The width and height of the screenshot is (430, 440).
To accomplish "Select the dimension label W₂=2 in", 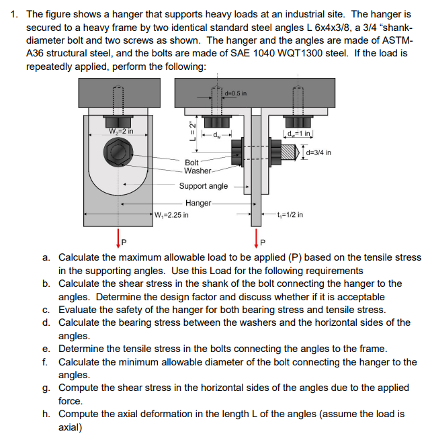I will pyautogui.click(x=123, y=131).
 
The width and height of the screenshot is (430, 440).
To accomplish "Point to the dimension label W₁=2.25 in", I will pyautogui.click(x=171, y=215).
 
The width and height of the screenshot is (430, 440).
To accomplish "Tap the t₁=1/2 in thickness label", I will pyautogui.click(x=290, y=215).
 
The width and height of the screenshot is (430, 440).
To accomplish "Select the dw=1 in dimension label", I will pyautogui.click(x=299, y=132).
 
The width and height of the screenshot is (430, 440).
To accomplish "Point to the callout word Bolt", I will pyautogui.click(x=191, y=163).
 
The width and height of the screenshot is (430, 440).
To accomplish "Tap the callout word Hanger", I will pyautogui.click(x=198, y=203).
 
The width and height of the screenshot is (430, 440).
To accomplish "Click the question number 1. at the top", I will pyautogui.click(x=16, y=13).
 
